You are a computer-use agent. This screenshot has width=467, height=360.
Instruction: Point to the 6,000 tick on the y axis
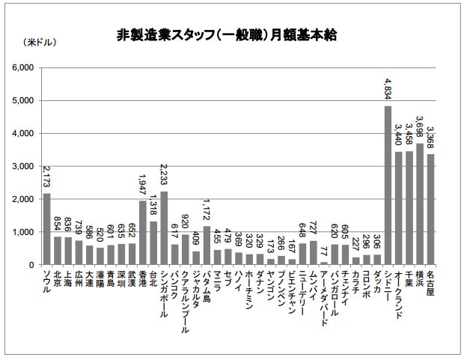pyautogui.click(x=25, y=67)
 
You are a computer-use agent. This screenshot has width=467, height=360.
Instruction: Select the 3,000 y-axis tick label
pyautogui.click(x=25, y=166)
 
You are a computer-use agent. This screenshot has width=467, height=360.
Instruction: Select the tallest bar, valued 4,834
pyautogui.click(x=388, y=186)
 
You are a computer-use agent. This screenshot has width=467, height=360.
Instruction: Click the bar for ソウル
pyautogui.click(x=46, y=229)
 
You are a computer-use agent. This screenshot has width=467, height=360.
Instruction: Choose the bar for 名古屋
pyautogui.click(x=430, y=210)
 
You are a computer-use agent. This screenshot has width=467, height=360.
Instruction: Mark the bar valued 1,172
pyautogui.click(x=207, y=245)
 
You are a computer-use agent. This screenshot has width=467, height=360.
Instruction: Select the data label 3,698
pyautogui.click(x=420, y=128)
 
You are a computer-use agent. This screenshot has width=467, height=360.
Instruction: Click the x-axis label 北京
pyautogui.click(x=58, y=278)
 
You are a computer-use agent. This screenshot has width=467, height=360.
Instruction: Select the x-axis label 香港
pyautogui.click(x=143, y=278)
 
